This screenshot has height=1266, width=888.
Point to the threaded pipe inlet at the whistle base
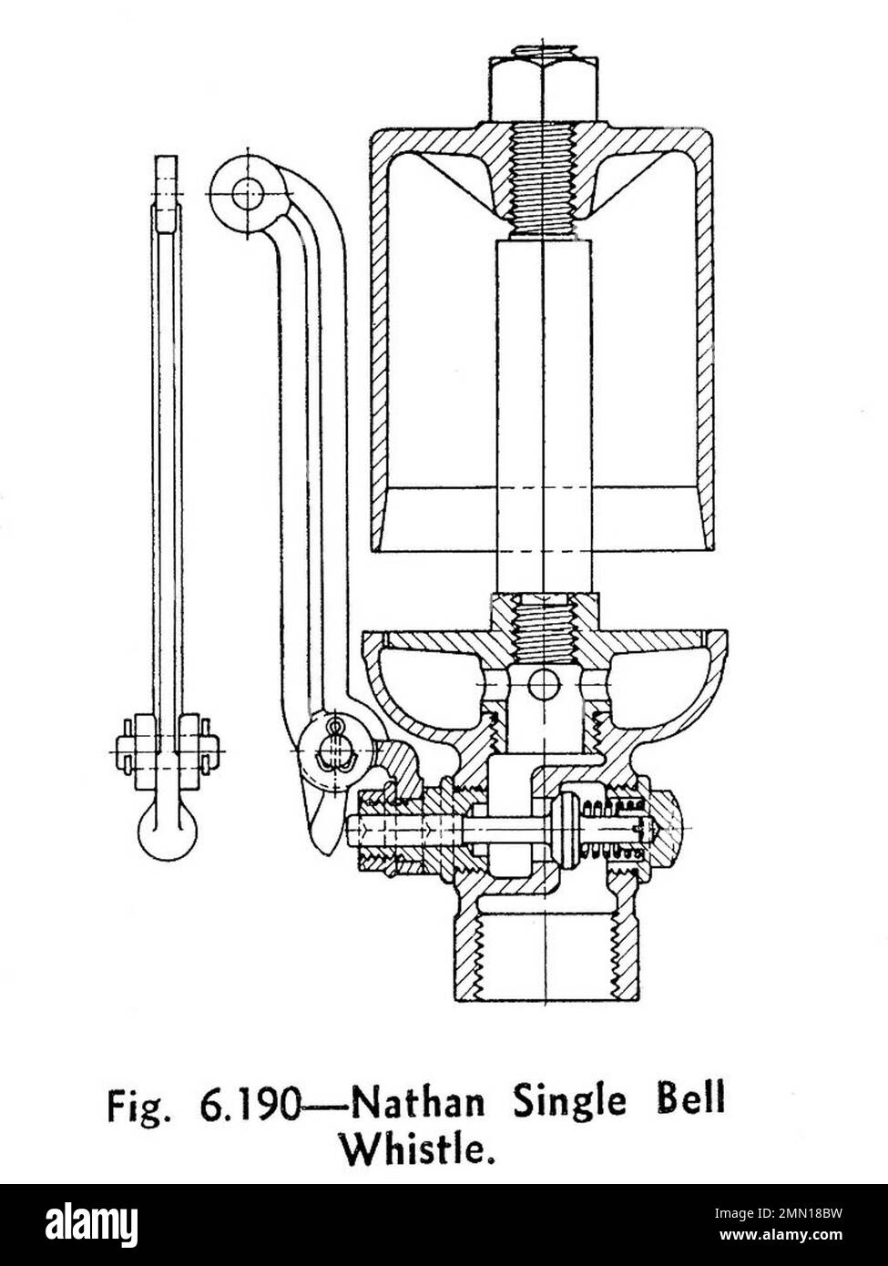click(544, 952)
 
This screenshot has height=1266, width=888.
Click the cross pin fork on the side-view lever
click(167, 750)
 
